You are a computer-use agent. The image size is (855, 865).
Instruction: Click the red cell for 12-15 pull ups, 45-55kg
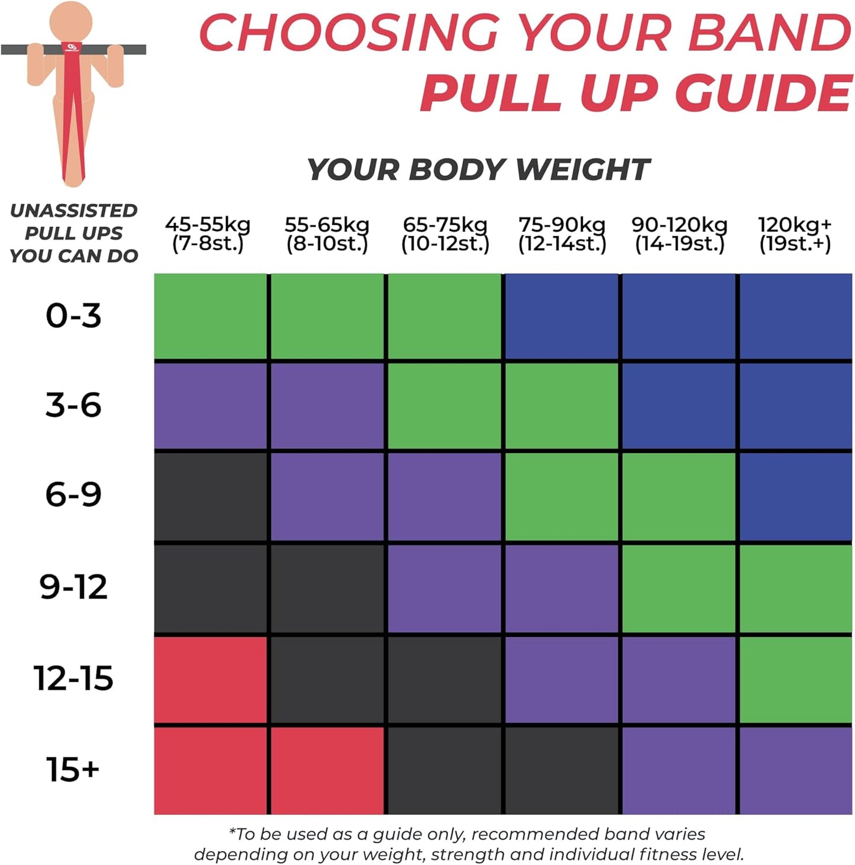tap(210, 679)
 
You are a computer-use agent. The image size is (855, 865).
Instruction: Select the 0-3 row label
tap(73, 316)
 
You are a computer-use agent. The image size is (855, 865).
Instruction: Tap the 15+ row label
tap(73, 770)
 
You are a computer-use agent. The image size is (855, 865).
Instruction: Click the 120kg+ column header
tap(795, 234)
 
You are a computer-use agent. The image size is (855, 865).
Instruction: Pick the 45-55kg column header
tap(208, 234)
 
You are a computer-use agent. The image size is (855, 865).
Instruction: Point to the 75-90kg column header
tap(562, 234)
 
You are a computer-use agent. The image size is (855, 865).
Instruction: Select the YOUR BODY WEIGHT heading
tap(478, 170)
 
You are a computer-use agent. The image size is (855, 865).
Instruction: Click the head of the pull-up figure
tap(71, 21)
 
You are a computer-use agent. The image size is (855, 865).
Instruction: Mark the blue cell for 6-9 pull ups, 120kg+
tap(796, 496)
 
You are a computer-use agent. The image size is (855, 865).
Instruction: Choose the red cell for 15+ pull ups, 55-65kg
tap(327, 770)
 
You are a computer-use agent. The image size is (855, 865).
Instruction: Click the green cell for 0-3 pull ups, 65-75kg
tap(444, 316)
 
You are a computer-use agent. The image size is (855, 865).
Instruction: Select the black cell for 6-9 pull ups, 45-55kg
tap(210, 496)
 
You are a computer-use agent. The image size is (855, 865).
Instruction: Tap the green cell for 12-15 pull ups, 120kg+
tap(796, 679)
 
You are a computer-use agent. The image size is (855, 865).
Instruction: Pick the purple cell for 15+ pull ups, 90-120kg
tap(679, 770)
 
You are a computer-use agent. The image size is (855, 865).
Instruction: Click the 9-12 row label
tap(73, 587)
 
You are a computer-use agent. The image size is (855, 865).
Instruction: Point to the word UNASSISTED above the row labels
tap(73, 211)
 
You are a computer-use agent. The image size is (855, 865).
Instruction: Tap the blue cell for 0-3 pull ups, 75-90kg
tap(562, 316)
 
